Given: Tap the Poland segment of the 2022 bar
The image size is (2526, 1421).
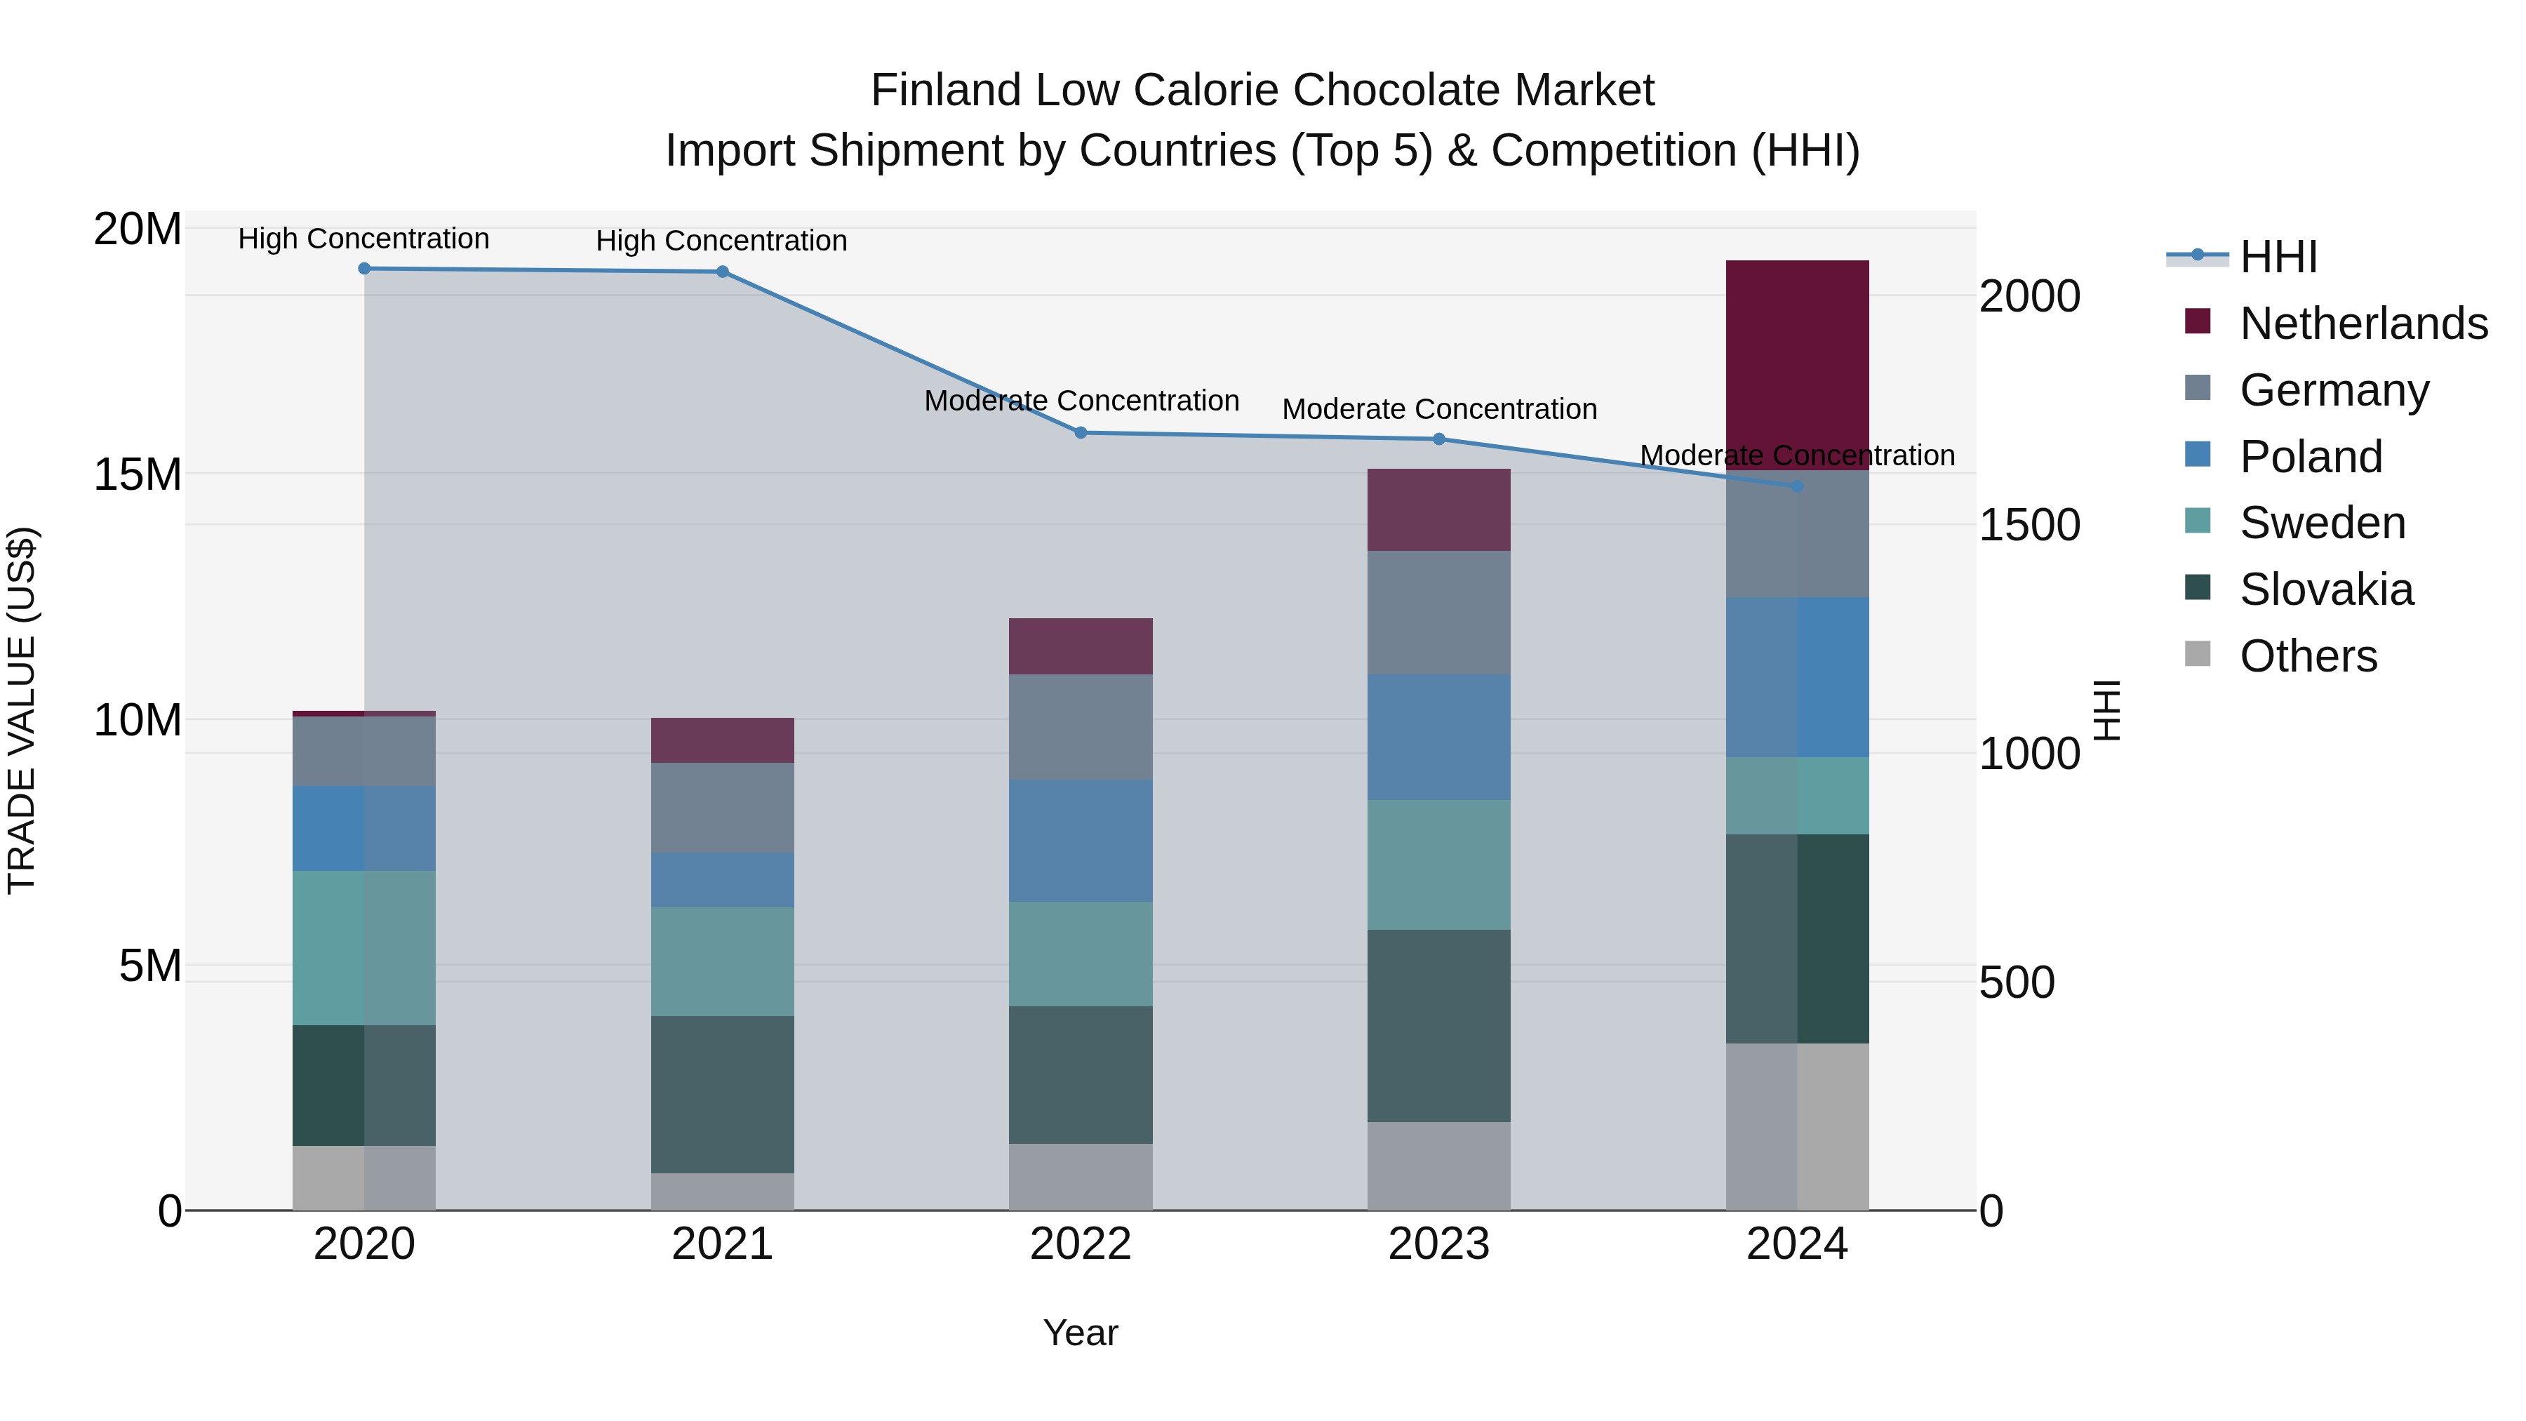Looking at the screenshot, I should (1080, 841).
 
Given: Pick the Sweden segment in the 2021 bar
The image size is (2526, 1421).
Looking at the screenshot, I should (722, 961).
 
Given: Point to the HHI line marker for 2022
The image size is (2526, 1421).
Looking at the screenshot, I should (1080, 432).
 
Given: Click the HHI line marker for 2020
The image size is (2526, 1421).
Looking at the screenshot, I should (363, 269).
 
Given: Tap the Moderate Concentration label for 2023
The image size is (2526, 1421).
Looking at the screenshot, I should (1438, 409).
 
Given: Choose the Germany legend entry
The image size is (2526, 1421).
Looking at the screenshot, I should (2334, 390).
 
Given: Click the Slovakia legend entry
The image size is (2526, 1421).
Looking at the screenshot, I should (2326, 589).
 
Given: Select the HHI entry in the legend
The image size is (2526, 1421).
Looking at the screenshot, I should (2278, 257).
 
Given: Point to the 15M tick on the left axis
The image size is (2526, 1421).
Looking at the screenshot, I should (138, 474).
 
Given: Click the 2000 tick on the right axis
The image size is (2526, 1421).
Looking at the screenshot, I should (2029, 296).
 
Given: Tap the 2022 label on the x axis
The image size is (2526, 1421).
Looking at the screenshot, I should (1080, 1244).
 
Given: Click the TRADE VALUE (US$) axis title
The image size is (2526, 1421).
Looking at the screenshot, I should (22, 710).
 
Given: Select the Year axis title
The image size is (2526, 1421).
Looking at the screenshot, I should (1080, 1333).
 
